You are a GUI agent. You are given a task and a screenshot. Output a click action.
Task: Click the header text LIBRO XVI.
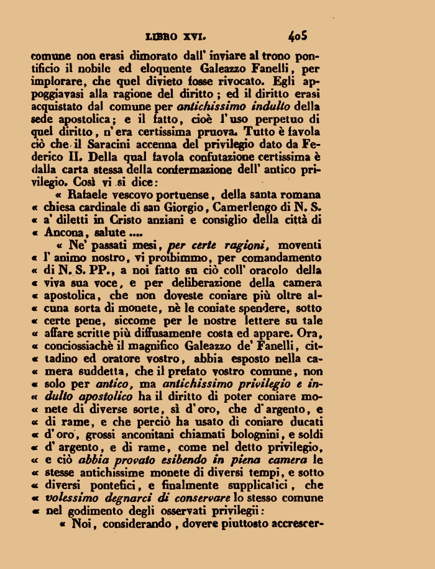(x=180, y=37)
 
